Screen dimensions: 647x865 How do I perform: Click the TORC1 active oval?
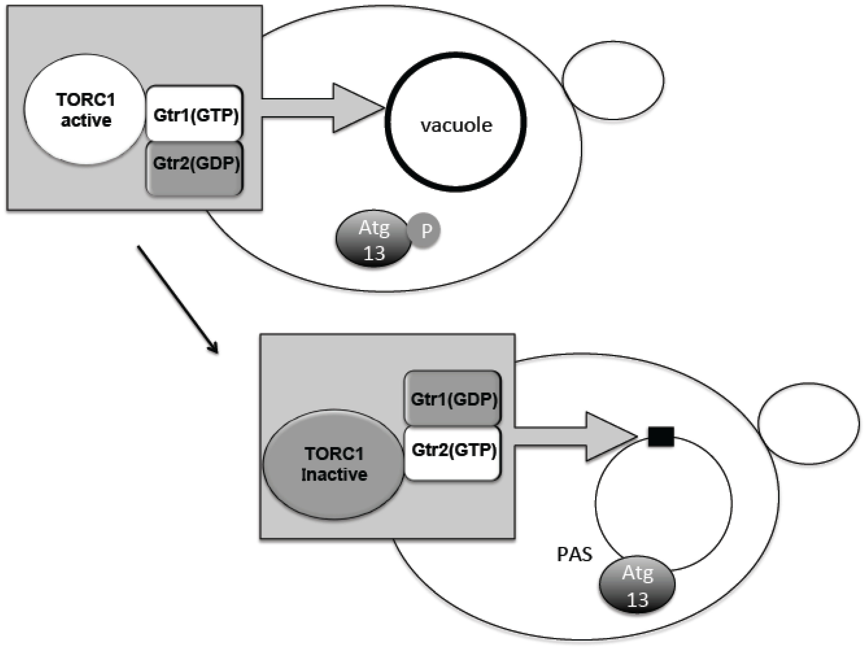(85, 109)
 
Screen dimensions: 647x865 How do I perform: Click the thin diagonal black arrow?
(177, 299)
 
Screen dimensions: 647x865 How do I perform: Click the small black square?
(661, 437)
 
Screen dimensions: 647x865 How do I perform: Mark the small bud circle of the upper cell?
(613, 80)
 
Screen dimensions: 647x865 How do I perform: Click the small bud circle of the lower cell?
(808, 423)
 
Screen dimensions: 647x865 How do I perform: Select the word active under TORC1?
(86, 120)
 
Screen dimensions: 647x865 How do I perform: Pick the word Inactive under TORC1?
(334, 475)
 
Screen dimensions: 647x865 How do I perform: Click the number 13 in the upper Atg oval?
(374, 253)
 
